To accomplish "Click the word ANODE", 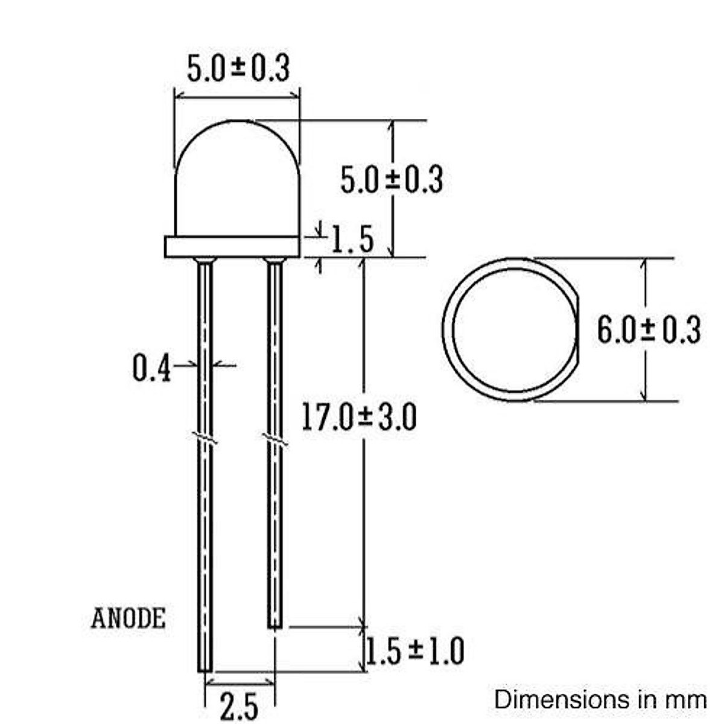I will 128,618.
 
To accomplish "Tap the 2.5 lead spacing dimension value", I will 239,707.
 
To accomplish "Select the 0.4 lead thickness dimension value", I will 151,369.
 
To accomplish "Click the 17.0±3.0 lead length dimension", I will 358,418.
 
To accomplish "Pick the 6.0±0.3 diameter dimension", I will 649,330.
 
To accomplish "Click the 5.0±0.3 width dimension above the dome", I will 238,68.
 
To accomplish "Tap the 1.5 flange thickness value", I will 352,240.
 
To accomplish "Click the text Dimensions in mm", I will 600,700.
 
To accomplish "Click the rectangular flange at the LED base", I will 232,247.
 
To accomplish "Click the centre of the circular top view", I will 513,330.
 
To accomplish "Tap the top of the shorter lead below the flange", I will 275,262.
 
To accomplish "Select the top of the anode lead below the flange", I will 205,262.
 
